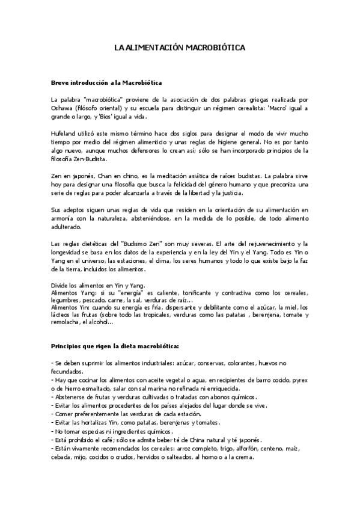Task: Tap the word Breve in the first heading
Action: tap(63, 81)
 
